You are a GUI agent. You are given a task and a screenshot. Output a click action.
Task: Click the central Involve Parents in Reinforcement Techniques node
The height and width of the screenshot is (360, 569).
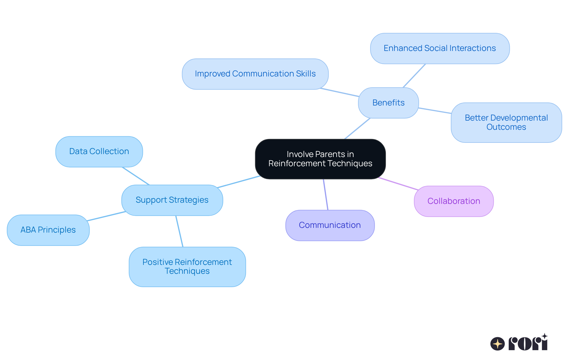click(320, 159)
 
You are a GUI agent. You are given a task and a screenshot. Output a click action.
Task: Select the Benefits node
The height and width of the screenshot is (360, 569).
click(388, 103)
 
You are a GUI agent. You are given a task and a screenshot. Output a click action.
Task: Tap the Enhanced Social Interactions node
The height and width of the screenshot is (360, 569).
click(440, 48)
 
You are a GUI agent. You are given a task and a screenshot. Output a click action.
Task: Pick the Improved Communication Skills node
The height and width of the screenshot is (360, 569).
click(255, 74)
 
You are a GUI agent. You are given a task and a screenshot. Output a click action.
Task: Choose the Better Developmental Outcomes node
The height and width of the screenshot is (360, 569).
click(506, 122)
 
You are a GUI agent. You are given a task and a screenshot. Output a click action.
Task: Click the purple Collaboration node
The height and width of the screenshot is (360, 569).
click(454, 201)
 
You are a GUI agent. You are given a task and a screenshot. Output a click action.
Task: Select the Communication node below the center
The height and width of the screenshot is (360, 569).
click(330, 225)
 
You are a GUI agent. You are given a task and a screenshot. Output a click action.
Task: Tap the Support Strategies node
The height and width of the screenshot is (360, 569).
click(172, 200)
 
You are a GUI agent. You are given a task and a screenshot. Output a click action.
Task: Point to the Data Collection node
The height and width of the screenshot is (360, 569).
click(99, 151)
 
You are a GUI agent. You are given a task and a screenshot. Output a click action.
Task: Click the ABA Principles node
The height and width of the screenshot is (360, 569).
click(48, 230)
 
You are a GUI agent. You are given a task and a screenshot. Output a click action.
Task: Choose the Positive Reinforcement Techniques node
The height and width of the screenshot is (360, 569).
click(187, 267)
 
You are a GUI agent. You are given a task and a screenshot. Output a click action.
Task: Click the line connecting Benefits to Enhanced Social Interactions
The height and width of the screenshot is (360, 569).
click(414, 76)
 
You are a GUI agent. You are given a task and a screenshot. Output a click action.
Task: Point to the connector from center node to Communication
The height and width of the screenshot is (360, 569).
click(326, 195)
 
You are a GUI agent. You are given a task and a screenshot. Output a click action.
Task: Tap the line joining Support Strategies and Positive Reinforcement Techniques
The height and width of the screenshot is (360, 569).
click(179, 231)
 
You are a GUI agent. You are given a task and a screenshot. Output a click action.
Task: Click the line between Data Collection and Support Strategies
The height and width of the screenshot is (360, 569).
click(136, 176)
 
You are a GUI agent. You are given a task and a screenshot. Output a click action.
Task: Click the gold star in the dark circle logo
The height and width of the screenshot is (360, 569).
click(498, 344)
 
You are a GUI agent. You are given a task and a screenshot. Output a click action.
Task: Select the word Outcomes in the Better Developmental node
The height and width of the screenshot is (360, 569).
click(506, 127)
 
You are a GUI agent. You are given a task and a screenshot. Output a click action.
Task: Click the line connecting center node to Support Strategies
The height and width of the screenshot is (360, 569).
click(239, 182)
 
